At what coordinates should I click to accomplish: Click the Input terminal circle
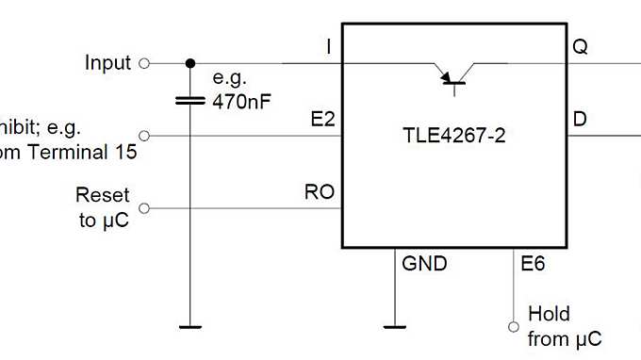click(144, 63)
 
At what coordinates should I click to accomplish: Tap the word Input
click(107, 63)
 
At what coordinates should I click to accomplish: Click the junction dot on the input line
click(189, 63)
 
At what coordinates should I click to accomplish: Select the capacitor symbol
click(189, 99)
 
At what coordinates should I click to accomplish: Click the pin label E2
click(321, 121)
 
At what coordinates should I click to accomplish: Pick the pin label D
click(580, 121)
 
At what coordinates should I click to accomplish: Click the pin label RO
click(318, 193)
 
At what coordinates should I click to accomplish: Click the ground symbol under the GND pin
click(394, 327)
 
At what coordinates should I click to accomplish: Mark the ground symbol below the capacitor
click(189, 327)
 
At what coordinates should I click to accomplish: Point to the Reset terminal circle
click(144, 208)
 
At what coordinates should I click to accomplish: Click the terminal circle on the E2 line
click(144, 136)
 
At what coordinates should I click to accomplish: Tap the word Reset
click(102, 197)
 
